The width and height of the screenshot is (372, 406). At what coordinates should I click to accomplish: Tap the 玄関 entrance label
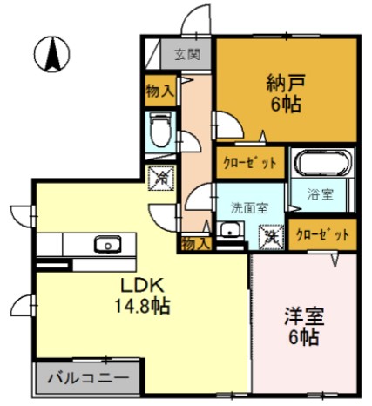[x=186, y=53]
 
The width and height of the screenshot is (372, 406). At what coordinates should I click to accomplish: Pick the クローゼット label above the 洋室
[x=322, y=234]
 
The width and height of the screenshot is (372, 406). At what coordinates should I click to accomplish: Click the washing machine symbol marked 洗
[x=272, y=233]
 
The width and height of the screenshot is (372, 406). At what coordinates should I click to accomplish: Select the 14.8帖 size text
[x=139, y=308]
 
